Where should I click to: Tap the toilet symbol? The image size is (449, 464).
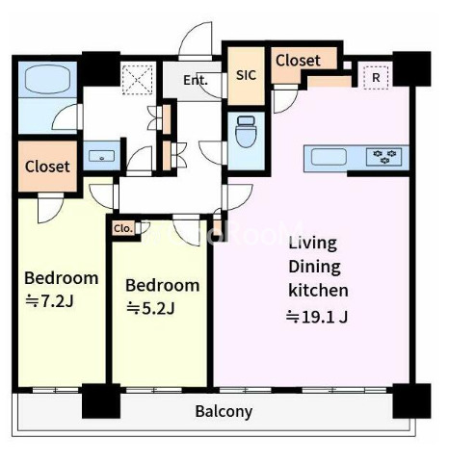pyautogui.click(x=246, y=132)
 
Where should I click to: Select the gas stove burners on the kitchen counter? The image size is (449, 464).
pyautogui.click(x=384, y=156)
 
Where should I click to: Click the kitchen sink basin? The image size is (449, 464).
pyautogui.click(x=329, y=157)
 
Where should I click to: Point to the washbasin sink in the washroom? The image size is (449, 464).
pyautogui.click(x=102, y=157)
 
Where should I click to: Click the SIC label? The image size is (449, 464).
pyautogui.click(x=247, y=75)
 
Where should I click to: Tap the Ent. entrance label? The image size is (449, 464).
pyautogui.click(x=196, y=80)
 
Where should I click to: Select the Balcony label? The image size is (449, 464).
pyautogui.click(x=224, y=411)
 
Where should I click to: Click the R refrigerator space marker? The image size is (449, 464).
pyautogui.click(x=376, y=77)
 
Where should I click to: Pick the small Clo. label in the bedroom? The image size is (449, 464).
pyautogui.click(x=123, y=229)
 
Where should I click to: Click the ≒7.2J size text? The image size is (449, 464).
pyautogui.click(x=50, y=301)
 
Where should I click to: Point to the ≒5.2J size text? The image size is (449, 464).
pyautogui.click(x=150, y=309)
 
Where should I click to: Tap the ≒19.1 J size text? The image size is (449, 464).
pyautogui.click(x=317, y=317)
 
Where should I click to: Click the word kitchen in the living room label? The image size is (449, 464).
pyautogui.click(x=318, y=290)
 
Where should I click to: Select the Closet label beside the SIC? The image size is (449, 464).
pyautogui.click(x=298, y=61)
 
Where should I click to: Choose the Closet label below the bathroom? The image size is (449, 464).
pyautogui.click(x=47, y=167)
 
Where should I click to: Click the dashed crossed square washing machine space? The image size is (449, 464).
pyautogui.click(x=138, y=80)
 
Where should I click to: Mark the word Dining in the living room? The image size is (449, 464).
pyautogui.click(x=314, y=267)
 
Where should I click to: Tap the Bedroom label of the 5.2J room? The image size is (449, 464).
pyautogui.click(x=163, y=285)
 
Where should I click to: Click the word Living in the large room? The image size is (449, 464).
pyautogui.click(x=313, y=244)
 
